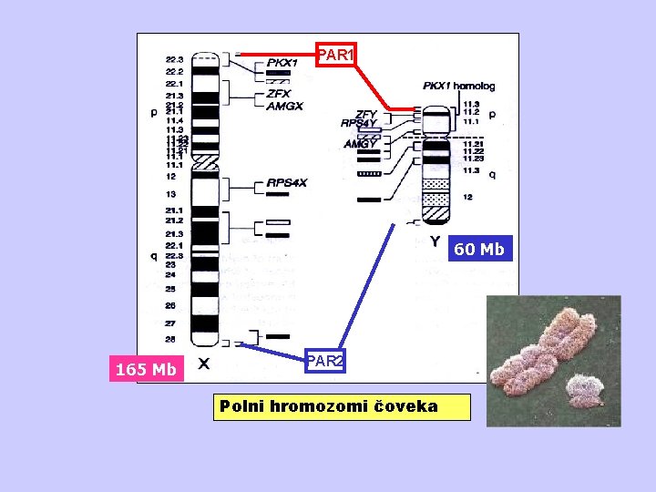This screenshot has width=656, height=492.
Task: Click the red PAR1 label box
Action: pos(334,56)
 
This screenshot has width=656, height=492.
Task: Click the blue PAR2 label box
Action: pos(325,362)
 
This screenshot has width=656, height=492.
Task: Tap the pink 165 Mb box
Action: pos(146,369)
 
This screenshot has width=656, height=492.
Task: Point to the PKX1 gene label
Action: pos(282,64)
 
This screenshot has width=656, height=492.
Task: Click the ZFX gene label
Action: pos(279,94)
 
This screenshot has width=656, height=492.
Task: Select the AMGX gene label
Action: pos(284,106)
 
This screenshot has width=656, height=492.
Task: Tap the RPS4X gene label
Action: pos(287,183)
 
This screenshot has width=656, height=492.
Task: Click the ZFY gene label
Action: pos(366,114)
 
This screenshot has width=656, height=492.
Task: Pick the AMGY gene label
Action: pos(361,143)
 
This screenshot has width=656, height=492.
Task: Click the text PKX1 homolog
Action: pos(458,87)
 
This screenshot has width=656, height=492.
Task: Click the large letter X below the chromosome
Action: pos(205,363)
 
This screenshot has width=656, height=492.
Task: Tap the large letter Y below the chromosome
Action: pos(436,242)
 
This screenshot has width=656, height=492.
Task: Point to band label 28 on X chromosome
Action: pos(170,338)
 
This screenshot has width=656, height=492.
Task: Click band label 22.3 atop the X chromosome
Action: pos(174,59)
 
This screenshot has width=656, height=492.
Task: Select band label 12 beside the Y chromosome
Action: pos(468,197)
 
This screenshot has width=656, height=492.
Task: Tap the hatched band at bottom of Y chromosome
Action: pos(436,215)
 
